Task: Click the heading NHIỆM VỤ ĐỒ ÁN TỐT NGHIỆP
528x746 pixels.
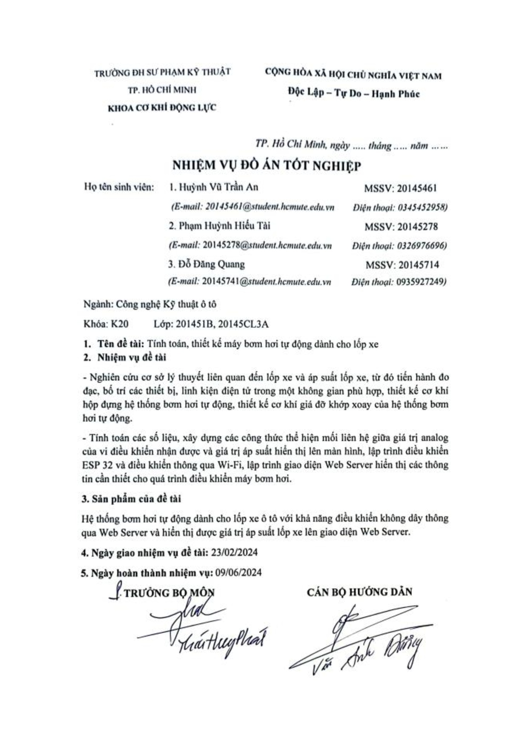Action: point(267,165)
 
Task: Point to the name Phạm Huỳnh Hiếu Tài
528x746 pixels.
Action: point(224,226)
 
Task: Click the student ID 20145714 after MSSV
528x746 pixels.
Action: point(419,265)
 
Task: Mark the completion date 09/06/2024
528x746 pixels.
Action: point(238,572)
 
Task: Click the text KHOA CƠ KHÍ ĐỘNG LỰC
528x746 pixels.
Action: point(162,108)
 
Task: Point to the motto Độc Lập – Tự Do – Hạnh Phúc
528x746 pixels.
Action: point(353,94)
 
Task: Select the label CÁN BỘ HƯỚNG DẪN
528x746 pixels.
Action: point(359,592)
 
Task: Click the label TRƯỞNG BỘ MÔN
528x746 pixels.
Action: point(169,593)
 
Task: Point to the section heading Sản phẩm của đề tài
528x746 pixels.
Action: point(136,498)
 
